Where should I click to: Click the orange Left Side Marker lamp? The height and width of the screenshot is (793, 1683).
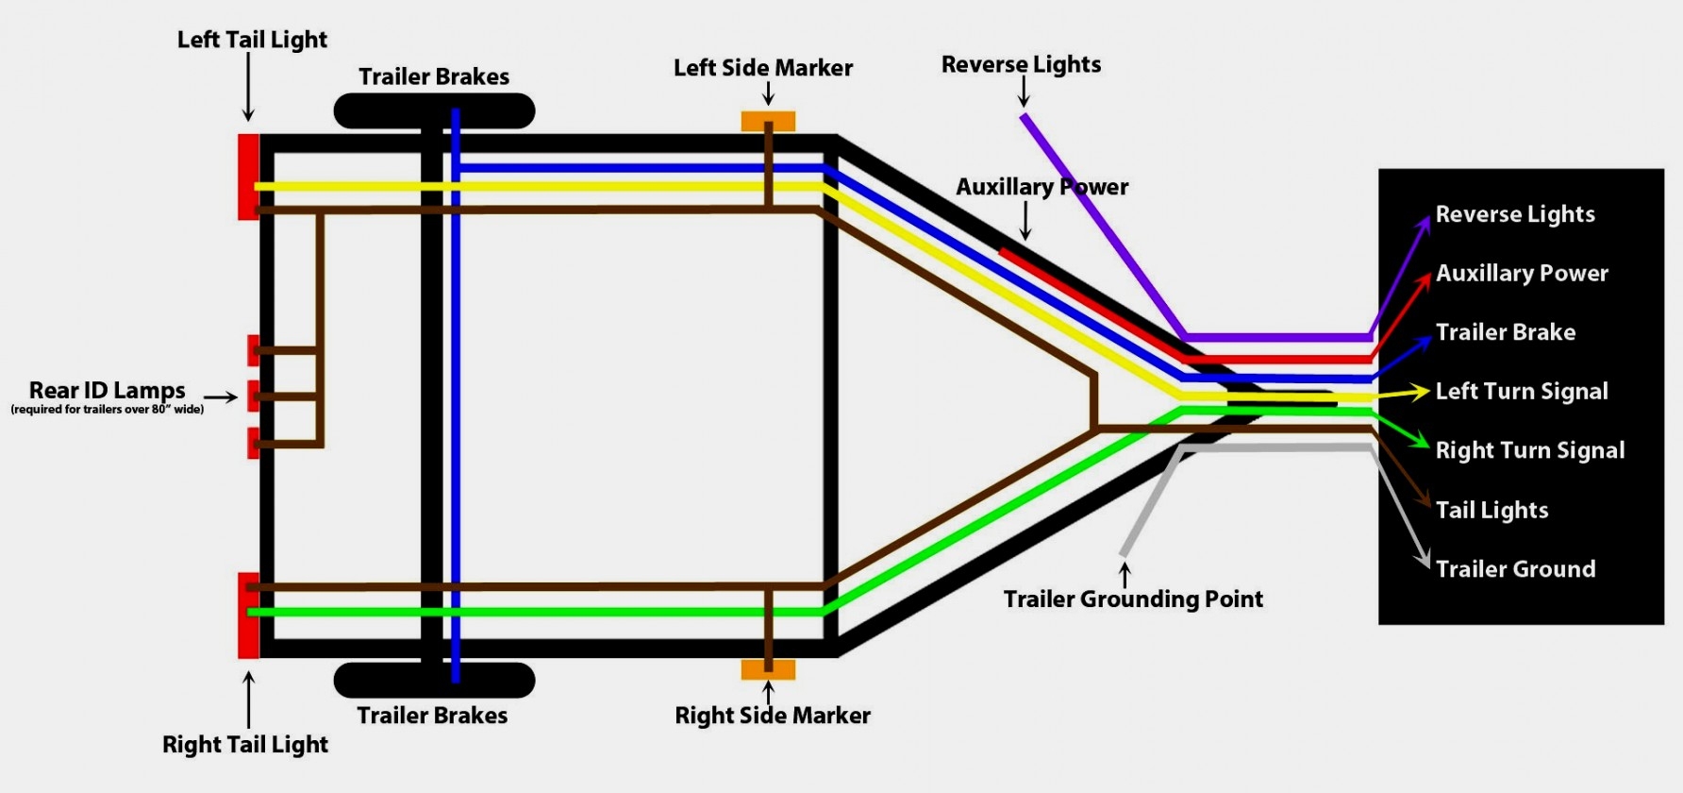pos(768,122)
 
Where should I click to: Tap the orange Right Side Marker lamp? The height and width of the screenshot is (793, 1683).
pos(768,669)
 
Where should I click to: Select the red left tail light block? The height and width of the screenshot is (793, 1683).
pos(248,177)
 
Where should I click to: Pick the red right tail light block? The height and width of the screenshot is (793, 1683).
pos(248,615)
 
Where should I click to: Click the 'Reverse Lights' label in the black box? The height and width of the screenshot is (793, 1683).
pos(1514,214)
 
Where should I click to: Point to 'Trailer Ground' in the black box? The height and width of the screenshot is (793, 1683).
pos(1515,569)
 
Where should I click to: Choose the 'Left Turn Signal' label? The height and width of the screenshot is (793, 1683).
pos(1521,392)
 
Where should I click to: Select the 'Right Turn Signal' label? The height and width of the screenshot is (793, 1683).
pos(1529,451)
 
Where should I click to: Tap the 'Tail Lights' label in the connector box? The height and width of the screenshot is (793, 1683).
pos(1491,511)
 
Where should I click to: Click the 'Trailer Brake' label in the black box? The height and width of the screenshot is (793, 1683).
pos(1505,332)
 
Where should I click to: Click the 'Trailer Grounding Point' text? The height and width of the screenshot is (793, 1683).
pos(1132,599)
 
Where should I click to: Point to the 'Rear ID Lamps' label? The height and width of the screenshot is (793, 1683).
pos(107,391)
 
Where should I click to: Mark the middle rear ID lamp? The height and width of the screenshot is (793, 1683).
pos(253,396)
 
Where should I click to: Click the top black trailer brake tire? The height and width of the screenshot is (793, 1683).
pos(434,111)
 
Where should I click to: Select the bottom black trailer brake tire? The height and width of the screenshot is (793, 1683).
pos(434,680)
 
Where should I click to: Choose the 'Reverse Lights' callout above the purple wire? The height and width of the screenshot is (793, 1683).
pos(1021,64)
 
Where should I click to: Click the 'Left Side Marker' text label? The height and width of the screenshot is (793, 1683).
pos(762,68)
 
